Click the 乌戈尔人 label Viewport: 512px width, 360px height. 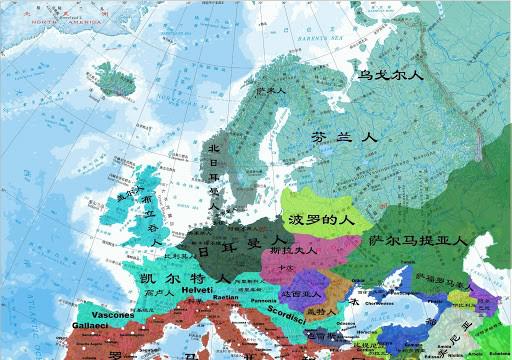(392, 74)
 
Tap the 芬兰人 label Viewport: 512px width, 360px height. (344, 138)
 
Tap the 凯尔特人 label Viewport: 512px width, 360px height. (185, 276)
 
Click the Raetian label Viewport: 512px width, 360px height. (226, 297)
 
